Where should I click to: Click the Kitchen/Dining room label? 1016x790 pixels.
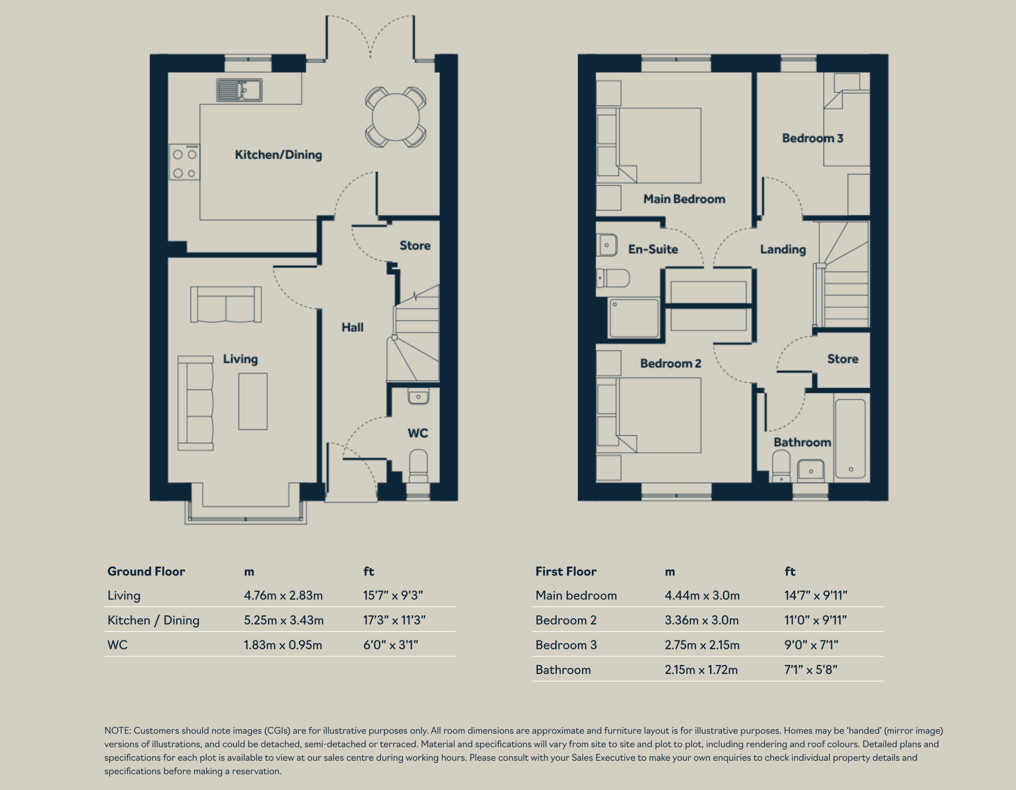pyautogui.click(x=278, y=154)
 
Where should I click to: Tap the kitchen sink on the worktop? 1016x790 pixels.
pyautogui.click(x=239, y=90)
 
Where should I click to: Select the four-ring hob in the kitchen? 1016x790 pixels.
pyautogui.click(x=185, y=162)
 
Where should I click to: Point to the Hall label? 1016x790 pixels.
pyautogui.click(x=352, y=327)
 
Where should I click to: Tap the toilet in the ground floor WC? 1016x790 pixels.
pyautogui.click(x=418, y=466)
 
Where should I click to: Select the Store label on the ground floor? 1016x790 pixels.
pyautogui.click(x=415, y=245)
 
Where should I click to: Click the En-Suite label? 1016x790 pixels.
pyautogui.click(x=653, y=249)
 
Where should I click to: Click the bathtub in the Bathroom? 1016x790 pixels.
pyautogui.click(x=851, y=438)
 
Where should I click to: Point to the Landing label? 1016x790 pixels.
pyautogui.click(x=783, y=249)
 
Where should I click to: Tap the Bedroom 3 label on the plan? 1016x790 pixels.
pyautogui.click(x=813, y=138)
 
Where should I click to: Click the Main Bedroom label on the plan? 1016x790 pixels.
pyautogui.click(x=684, y=198)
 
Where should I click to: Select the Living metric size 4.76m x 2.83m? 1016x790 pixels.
pyautogui.click(x=283, y=595)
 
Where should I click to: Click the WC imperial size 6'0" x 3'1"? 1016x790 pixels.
pyautogui.click(x=391, y=645)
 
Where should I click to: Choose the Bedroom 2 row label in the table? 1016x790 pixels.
pyautogui.click(x=566, y=620)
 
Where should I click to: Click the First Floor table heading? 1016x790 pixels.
pyautogui.click(x=566, y=571)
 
